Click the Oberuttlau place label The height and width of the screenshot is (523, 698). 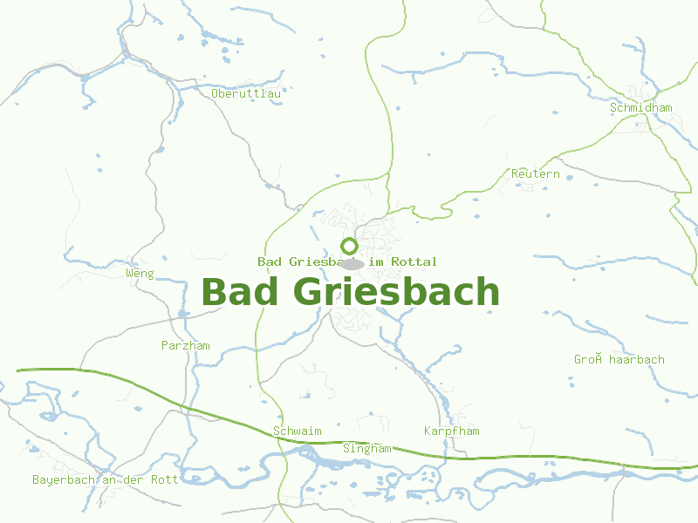(x=246, y=93)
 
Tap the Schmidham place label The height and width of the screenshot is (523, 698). (x=641, y=108)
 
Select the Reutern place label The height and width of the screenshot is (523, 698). (x=536, y=174)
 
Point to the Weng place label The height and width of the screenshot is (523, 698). (x=140, y=274)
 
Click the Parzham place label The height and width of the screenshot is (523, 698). (x=186, y=346)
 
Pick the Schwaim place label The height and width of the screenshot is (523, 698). (x=298, y=431)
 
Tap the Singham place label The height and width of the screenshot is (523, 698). (x=367, y=449)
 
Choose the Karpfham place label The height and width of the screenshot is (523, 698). (x=452, y=431)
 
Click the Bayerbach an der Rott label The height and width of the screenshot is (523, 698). (x=106, y=480)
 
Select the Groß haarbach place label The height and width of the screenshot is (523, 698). (x=619, y=360)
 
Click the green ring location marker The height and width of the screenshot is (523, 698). (x=349, y=246)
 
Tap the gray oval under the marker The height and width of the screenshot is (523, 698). (x=352, y=263)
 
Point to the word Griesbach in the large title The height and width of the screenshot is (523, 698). (x=397, y=293)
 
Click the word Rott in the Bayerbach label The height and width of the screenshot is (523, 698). (x=164, y=480)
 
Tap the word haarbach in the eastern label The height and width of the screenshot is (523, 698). (x=637, y=360)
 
